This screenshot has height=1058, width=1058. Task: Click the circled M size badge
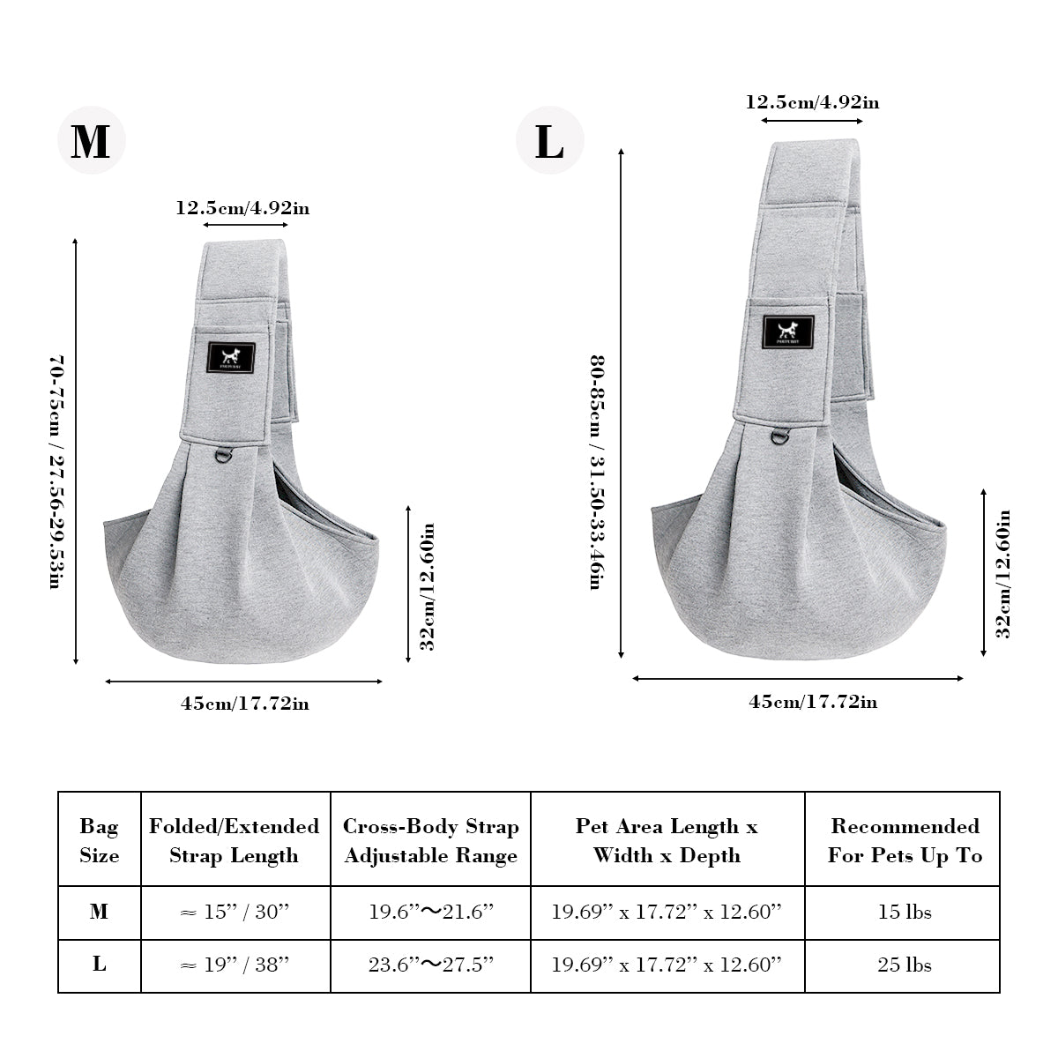(x=92, y=140)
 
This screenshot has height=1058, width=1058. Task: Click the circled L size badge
(x=549, y=140)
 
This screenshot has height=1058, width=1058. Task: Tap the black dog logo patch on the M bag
(x=231, y=357)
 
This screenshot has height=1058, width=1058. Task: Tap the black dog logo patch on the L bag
(x=788, y=332)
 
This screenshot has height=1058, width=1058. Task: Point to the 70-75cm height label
(x=57, y=473)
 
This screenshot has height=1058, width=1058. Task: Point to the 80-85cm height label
(x=598, y=473)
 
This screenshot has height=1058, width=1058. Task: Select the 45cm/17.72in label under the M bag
(x=245, y=704)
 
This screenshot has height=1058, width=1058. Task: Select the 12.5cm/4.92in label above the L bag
(x=813, y=102)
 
